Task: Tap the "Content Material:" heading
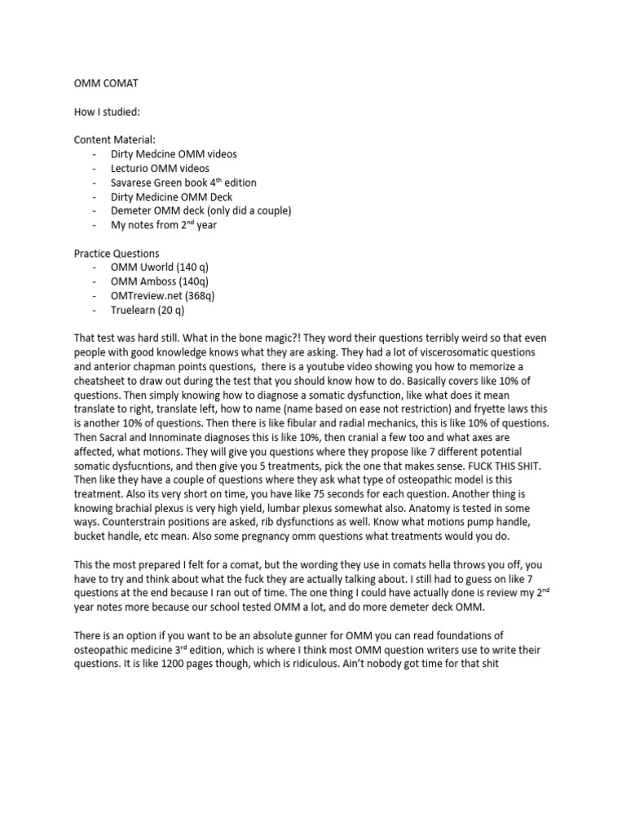pos(114,139)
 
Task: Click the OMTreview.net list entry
pos(156,295)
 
